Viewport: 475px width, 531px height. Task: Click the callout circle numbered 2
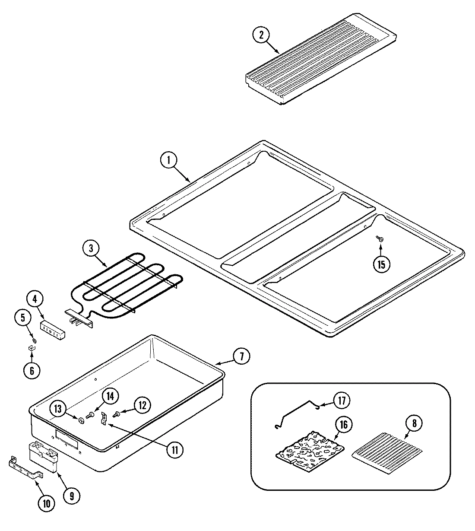(261, 35)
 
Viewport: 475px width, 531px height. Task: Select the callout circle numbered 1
(169, 160)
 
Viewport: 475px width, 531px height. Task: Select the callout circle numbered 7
(241, 356)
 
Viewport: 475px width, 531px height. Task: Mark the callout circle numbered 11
(175, 450)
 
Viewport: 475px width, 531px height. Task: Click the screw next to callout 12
(116, 414)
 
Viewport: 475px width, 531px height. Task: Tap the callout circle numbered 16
(343, 425)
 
